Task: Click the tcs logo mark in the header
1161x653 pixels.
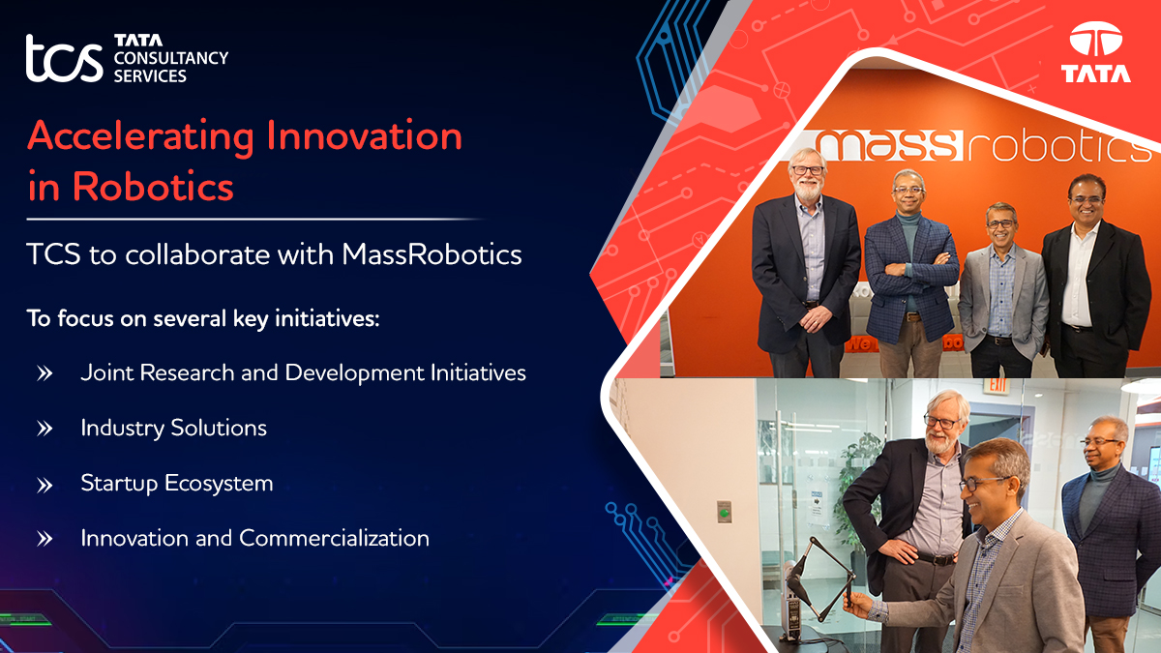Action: click(x=64, y=60)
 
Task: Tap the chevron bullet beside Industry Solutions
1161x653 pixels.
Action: click(x=45, y=428)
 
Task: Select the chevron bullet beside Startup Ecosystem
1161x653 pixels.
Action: click(x=45, y=484)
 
